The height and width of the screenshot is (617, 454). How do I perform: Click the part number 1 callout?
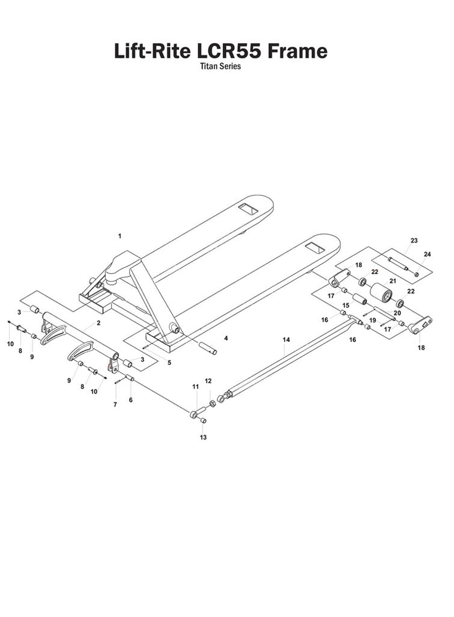pyautogui.click(x=120, y=235)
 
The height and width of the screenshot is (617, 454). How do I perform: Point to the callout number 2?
pyautogui.click(x=98, y=323)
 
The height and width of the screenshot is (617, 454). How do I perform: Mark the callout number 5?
pyautogui.click(x=169, y=362)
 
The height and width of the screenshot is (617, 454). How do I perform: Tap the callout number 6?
pyautogui.click(x=131, y=400)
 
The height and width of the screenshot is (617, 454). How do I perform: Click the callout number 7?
pyautogui.click(x=116, y=404)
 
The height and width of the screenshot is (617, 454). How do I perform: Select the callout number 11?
pyautogui.click(x=195, y=386)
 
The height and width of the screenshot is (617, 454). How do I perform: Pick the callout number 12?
pyautogui.click(x=208, y=381)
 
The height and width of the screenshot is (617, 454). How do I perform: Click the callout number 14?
pyautogui.click(x=286, y=341)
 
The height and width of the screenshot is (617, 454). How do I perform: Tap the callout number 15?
pyautogui.click(x=346, y=305)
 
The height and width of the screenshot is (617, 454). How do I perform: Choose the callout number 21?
pyautogui.click(x=392, y=281)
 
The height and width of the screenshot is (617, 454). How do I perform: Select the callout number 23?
pyautogui.click(x=414, y=241)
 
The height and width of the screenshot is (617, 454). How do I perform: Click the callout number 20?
pyautogui.click(x=397, y=313)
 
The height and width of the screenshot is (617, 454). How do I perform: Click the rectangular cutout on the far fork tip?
pyautogui.click(x=249, y=208)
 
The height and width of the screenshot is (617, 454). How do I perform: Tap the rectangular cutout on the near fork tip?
pyautogui.click(x=315, y=248)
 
